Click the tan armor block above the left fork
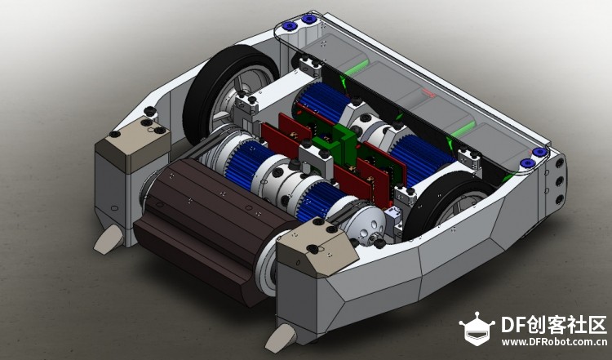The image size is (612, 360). tap(133, 144)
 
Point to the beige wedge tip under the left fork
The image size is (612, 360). tap(109, 239)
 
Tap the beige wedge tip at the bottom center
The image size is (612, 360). tap(281, 338)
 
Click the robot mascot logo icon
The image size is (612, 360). tap(477, 328)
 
